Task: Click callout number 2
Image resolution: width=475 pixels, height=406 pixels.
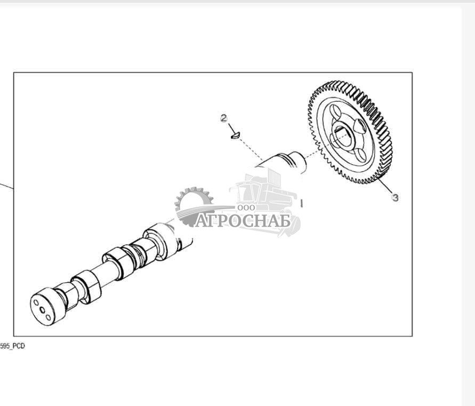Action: (223, 118)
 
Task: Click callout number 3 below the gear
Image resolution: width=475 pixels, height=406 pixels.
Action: (396, 198)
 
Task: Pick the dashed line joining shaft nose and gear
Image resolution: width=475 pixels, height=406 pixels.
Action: (312, 154)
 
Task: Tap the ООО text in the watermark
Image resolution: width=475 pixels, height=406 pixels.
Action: (246, 208)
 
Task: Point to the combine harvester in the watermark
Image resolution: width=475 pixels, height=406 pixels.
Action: (265, 202)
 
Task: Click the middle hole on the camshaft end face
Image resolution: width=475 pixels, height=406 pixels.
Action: (43, 310)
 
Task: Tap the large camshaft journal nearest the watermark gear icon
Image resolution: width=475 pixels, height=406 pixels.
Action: (159, 240)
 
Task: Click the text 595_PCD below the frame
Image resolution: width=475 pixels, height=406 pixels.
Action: (12, 346)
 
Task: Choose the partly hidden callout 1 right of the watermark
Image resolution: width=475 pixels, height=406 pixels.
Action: (301, 203)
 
